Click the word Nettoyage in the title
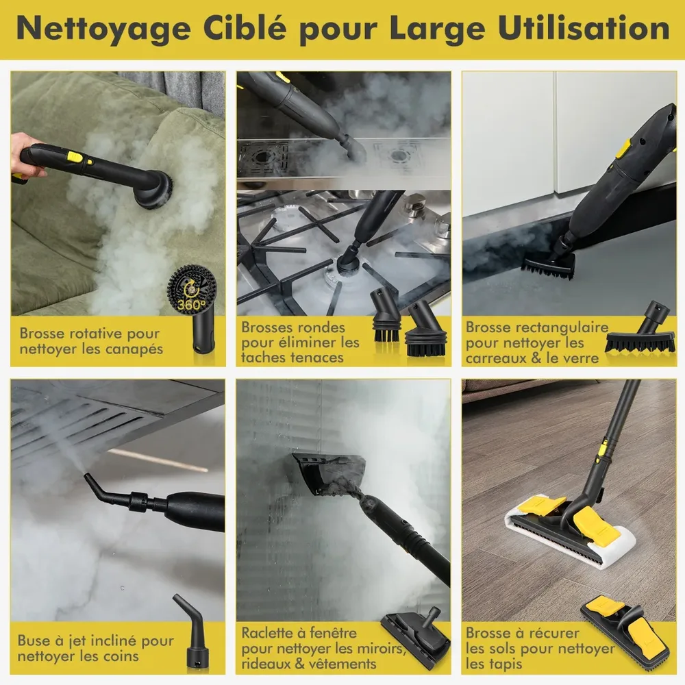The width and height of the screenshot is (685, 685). pos(104,29)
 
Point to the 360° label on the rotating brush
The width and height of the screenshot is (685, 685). pos(191,303)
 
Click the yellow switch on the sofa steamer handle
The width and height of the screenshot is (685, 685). pos(75,156)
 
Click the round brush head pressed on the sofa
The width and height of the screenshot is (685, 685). pos(153,189)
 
